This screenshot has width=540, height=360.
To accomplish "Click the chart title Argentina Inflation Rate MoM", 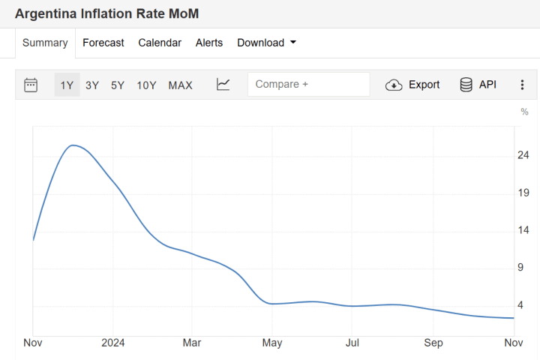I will coord(107,14).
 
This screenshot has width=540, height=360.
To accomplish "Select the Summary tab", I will coord(45,43).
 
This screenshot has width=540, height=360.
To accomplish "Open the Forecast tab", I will coord(103,43).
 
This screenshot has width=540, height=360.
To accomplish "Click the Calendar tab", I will coord(160,43).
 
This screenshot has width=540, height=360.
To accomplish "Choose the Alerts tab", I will coord(209,43).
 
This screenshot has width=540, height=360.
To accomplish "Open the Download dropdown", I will coord(266,43).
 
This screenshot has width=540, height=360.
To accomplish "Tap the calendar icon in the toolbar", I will coord(31,85).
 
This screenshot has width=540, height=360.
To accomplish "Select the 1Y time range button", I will coord(67,85).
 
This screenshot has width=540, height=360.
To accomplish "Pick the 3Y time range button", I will coord(92,85).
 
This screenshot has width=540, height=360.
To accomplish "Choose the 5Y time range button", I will coord(118,85).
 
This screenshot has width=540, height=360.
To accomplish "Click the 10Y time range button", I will coord(146,85).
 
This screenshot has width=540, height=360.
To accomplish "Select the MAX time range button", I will coord(180,85).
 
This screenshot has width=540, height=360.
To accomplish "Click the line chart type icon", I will coord(223,85).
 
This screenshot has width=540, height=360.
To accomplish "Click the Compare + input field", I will coord(308,85).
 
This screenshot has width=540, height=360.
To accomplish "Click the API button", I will coord(478,85).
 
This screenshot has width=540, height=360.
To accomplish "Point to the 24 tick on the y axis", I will coord(523,155).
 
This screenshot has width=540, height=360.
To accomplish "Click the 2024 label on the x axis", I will coord(112,343).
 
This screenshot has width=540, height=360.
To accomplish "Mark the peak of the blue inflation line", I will coord(73,145).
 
